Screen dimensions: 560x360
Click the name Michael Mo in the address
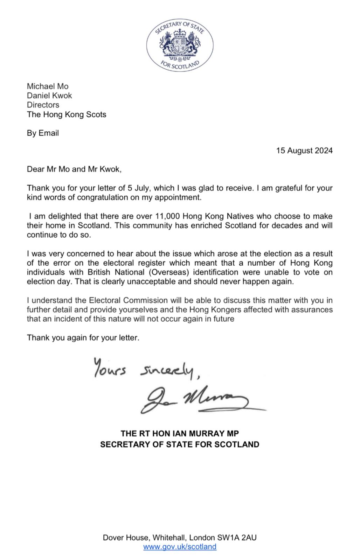tap(48, 86)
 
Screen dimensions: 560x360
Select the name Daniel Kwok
tap(49, 96)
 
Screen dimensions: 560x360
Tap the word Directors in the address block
tap(43, 105)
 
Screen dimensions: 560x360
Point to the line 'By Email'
tap(43, 133)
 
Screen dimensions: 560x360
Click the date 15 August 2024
tap(304, 150)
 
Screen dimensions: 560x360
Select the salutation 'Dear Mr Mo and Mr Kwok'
tap(74, 169)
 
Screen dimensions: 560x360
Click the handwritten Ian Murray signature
tap(196, 401)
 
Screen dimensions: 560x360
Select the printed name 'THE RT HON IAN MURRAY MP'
tap(180, 433)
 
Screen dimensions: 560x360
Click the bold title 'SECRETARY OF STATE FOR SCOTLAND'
tap(180, 444)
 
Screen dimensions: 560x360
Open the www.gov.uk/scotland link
tap(180, 546)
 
